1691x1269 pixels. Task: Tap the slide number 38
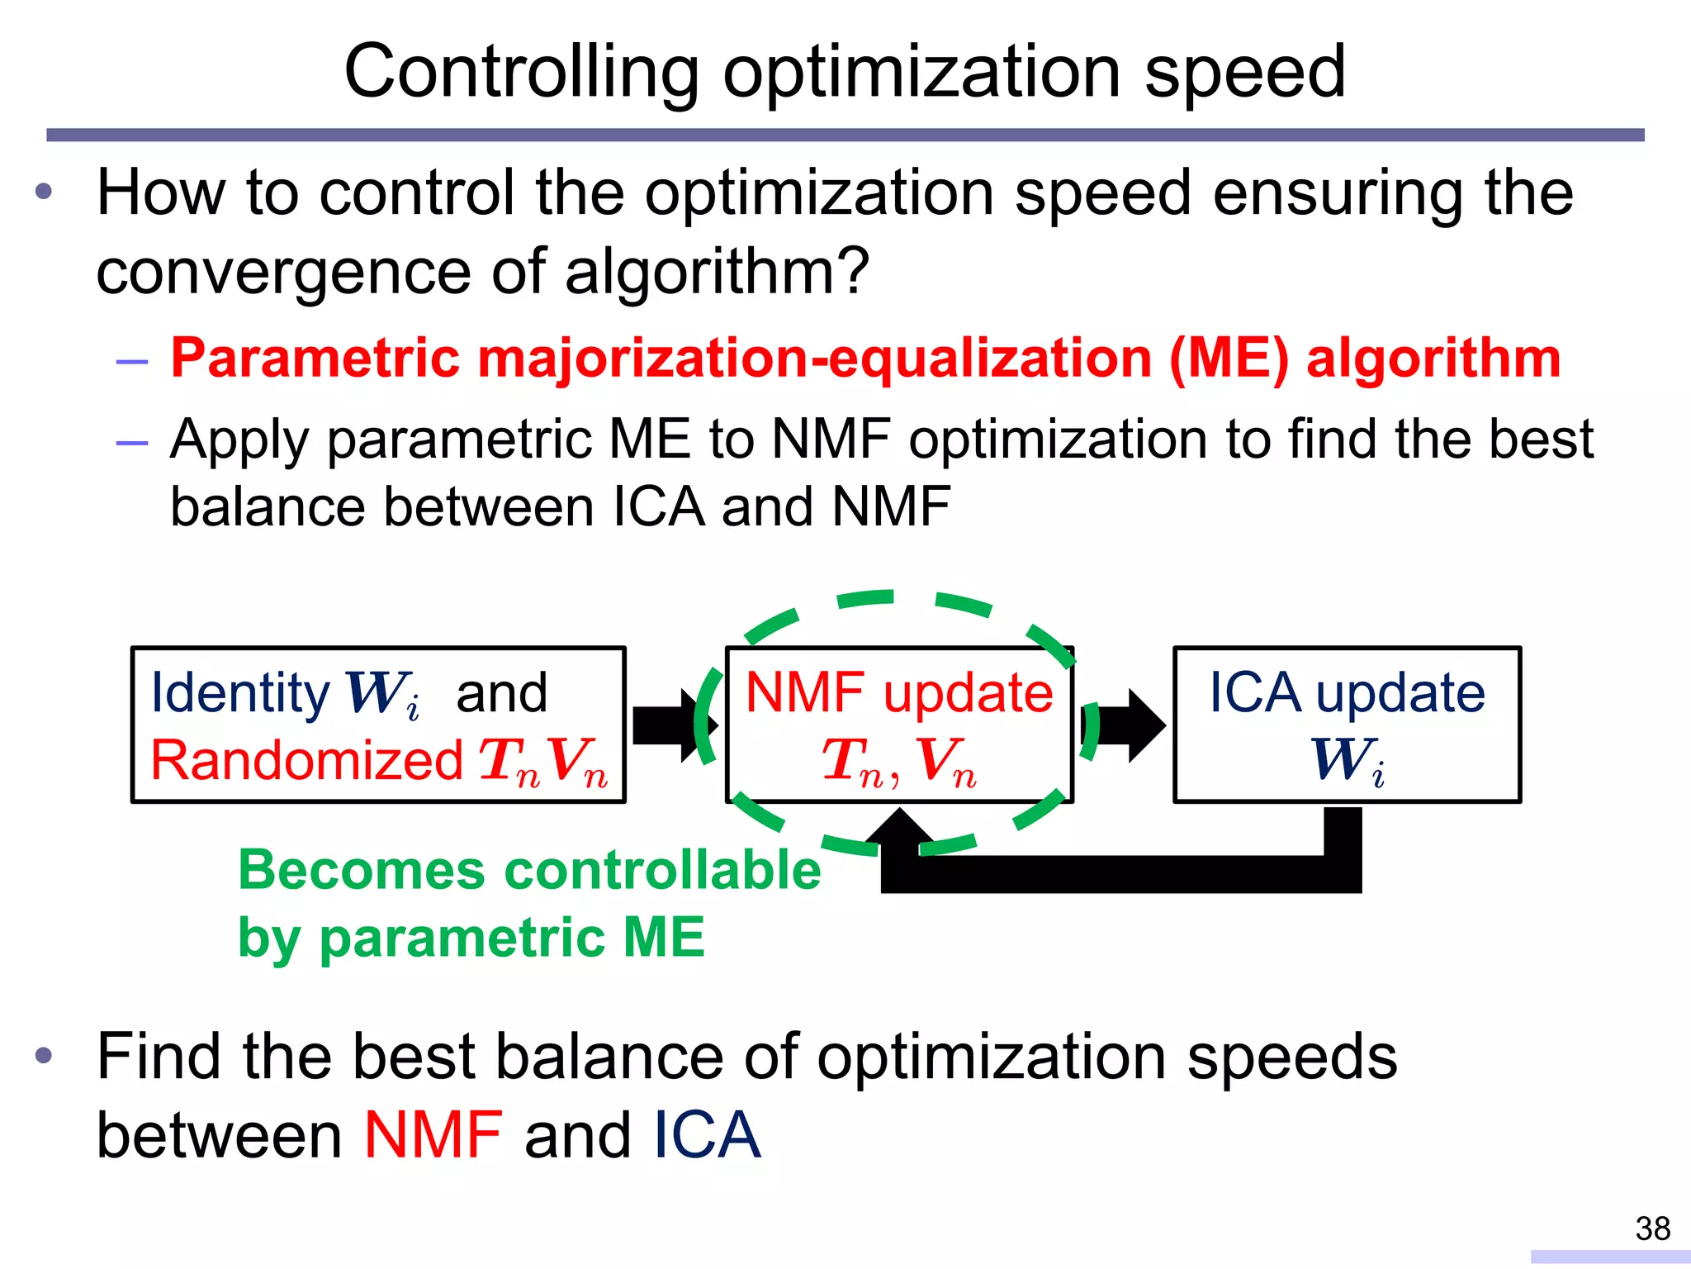tap(1652, 1229)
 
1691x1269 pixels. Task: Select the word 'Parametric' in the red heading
tap(314, 359)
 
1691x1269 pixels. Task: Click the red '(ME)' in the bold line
tap(1229, 360)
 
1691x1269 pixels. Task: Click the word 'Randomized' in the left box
tap(306, 760)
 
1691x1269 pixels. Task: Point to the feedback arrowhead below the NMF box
tap(898, 830)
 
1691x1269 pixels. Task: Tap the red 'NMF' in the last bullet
tap(433, 1135)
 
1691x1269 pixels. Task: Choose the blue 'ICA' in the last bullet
tap(706, 1135)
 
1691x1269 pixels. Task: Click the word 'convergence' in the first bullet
tap(285, 273)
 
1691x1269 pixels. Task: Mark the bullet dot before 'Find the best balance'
tap(45, 1055)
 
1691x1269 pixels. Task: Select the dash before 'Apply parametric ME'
tap(132, 442)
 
